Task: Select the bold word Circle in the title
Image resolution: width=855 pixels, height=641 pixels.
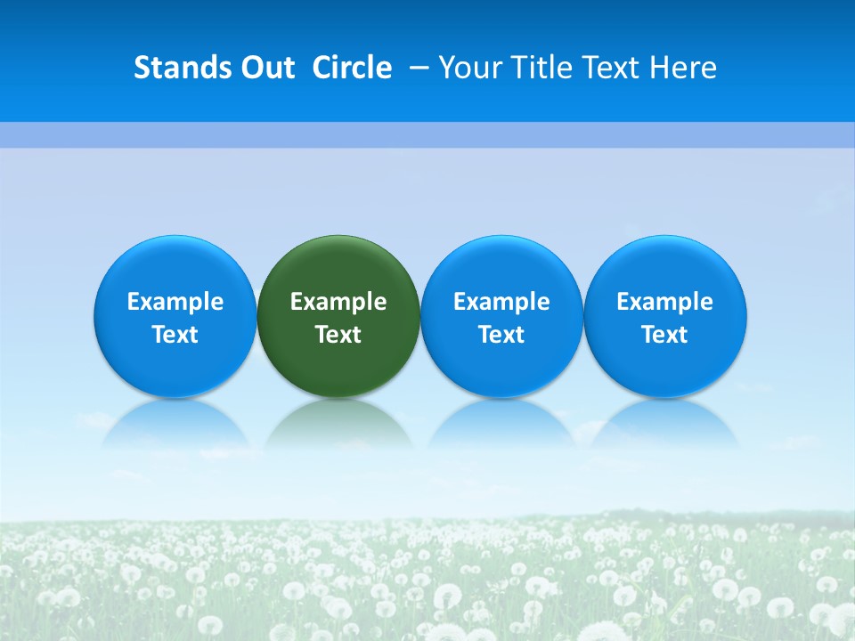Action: coord(352,68)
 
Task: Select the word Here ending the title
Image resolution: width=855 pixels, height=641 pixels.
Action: coord(683,68)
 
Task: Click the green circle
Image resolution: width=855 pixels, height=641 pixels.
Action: coord(338,267)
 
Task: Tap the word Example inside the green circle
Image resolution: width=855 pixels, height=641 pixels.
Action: coord(338,302)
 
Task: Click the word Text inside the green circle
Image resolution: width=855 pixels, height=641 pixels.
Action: coord(338,335)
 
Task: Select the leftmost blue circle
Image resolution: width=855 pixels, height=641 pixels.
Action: coord(175,267)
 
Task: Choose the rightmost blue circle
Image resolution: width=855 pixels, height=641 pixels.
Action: coord(664,267)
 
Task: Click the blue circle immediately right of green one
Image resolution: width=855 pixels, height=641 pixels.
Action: coord(501,267)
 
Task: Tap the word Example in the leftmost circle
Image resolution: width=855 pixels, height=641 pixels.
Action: coord(175,302)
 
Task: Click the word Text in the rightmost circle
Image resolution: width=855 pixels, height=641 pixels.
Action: coord(664,335)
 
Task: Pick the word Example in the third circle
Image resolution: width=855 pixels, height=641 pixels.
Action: coord(501,302)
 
